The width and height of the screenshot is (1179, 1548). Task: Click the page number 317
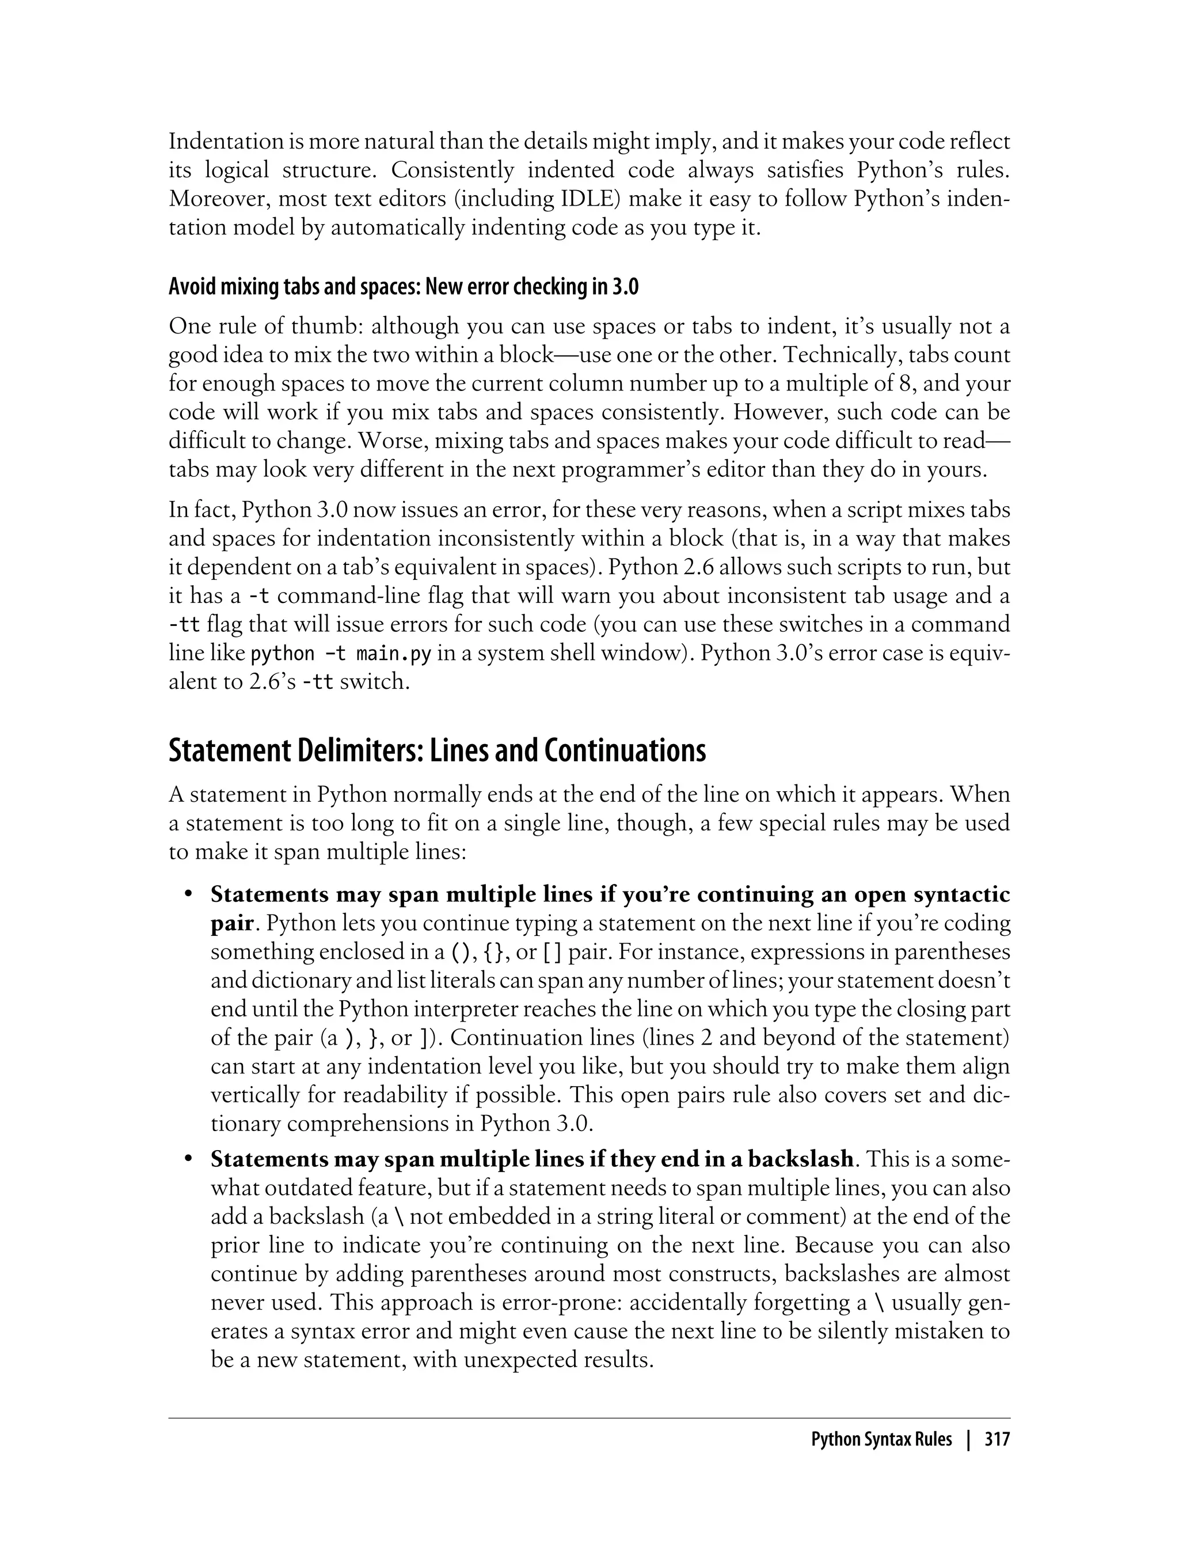[997, 1440]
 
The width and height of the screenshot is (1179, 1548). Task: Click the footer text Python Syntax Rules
[881, 1440]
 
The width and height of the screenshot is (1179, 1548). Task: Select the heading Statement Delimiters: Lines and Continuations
[436, 750]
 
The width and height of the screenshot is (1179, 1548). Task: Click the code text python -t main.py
[340, 654]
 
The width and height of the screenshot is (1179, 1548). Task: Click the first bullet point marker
[188, 895]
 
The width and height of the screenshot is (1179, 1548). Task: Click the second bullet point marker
[188, 1159]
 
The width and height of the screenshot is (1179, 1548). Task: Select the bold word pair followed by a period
[231, 924]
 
